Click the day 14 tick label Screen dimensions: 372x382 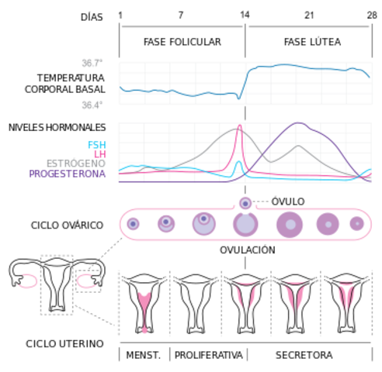[x=245, y=15]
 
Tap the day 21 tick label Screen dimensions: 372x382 [x=309, y=15]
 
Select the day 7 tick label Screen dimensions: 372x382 [x=181, y=15]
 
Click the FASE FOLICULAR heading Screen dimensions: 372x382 [x=182, y=42]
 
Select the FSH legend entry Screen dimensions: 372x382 [x=98, y=145]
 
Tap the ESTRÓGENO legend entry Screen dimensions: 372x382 [x=76, y=164]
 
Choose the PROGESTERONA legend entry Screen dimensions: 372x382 [x=68, y=174]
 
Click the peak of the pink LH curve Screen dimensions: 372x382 [x=239, y=126]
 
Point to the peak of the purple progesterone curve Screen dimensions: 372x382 [x=298, y=123]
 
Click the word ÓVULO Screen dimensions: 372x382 [x=288, y=201]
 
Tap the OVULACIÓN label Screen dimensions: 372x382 [x=248, y=250]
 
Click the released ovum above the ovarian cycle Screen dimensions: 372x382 [x=245, y=203]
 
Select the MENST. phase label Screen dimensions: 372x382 [x=144, y=356]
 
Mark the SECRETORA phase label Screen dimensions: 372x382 [x=307, y=356]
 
